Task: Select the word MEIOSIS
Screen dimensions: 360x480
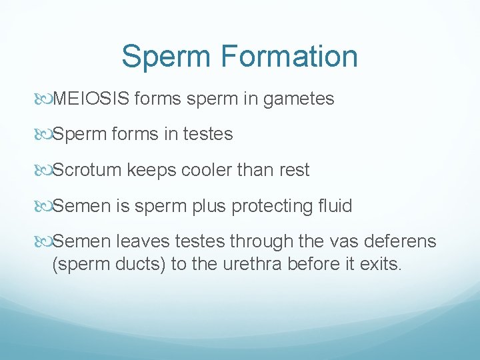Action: click(x=91, y=99)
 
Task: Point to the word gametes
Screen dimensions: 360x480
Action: click(x=299, y=99)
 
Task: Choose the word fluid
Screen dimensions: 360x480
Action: click(x=335, y=206)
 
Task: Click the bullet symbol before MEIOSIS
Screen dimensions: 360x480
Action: click(x=45, y=100)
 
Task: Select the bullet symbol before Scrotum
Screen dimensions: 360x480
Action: click(x=45, y=171)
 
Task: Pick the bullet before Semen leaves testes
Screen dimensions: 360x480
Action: click(x=45, y=242)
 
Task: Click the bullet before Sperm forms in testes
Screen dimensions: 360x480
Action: click(x=45, y=135)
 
